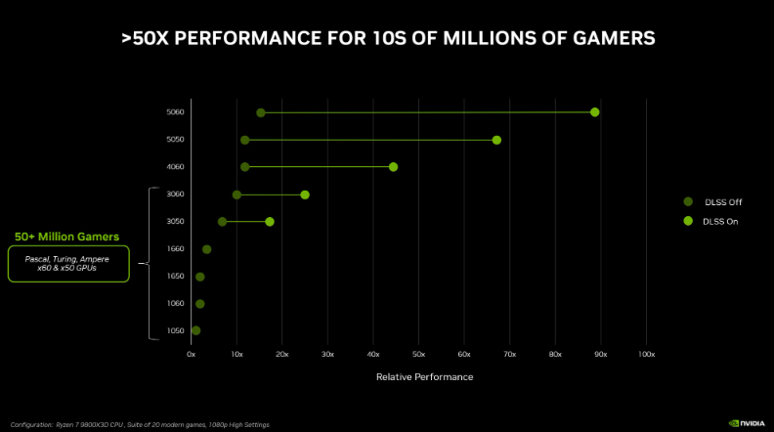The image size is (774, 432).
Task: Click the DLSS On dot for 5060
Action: pos(594,112)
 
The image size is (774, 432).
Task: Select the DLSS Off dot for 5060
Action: pos(261,112)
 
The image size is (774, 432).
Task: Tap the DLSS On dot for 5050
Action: pos(496,140)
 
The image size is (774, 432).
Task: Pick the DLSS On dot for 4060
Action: pos(393,167)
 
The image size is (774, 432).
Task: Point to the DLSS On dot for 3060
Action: pos(305,194)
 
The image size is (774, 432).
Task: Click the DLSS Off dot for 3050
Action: pos(222,222)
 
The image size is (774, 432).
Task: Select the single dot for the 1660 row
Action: pos(206,249)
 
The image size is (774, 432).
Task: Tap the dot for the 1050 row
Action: pos(195,330)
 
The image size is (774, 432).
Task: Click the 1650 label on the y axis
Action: pos(175,277)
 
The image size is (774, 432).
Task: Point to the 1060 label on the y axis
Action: pos(175,304)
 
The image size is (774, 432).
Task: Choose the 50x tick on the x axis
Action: pos(418,353)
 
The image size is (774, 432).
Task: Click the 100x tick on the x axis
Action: pos(646,353)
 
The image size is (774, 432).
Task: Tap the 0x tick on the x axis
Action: pos(192,353)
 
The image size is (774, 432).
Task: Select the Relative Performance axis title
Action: pos(424,377)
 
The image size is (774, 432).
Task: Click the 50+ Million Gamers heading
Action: pos(66,237)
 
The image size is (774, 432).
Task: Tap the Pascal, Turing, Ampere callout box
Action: pos(67,263)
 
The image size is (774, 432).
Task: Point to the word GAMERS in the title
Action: pos(608,38)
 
